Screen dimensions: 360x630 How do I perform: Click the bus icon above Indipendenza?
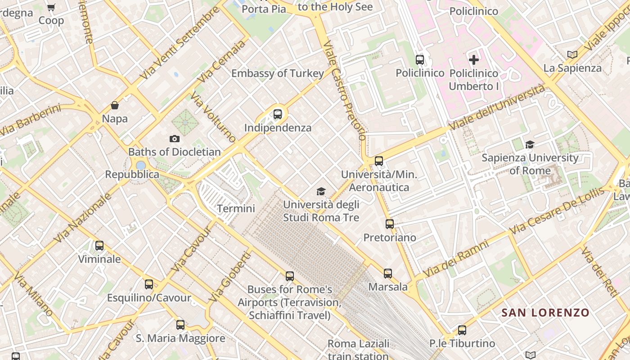click(278, 114)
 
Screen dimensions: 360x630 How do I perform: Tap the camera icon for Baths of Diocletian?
click(174, 139)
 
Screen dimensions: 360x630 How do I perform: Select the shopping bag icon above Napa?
click(115, 105)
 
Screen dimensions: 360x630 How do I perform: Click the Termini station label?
click(236, 208)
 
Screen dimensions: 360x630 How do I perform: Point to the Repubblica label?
click(132, 174)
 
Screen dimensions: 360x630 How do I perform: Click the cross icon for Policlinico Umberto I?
click(474, 59)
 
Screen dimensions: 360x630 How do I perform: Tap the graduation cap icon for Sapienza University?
click(530, 144)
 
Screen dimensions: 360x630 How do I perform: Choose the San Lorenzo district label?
click(545, 312)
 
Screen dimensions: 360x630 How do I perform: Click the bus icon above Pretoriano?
click(390, 224)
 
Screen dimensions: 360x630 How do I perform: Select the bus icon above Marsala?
click(388, 273)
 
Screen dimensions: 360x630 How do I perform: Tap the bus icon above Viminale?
click(99, 246)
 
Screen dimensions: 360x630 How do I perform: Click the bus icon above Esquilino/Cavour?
click(149, 284)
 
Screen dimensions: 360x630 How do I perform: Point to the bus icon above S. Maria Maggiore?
click(180, 324)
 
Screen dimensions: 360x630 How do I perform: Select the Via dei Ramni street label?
click(455, 259)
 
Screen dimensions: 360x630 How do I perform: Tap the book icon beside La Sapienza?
click(572, 54)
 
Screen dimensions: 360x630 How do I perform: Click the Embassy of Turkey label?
click(278, 73)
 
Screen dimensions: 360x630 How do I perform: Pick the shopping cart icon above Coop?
click(51, 7)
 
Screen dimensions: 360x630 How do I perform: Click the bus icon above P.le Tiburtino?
click(462, 330)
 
